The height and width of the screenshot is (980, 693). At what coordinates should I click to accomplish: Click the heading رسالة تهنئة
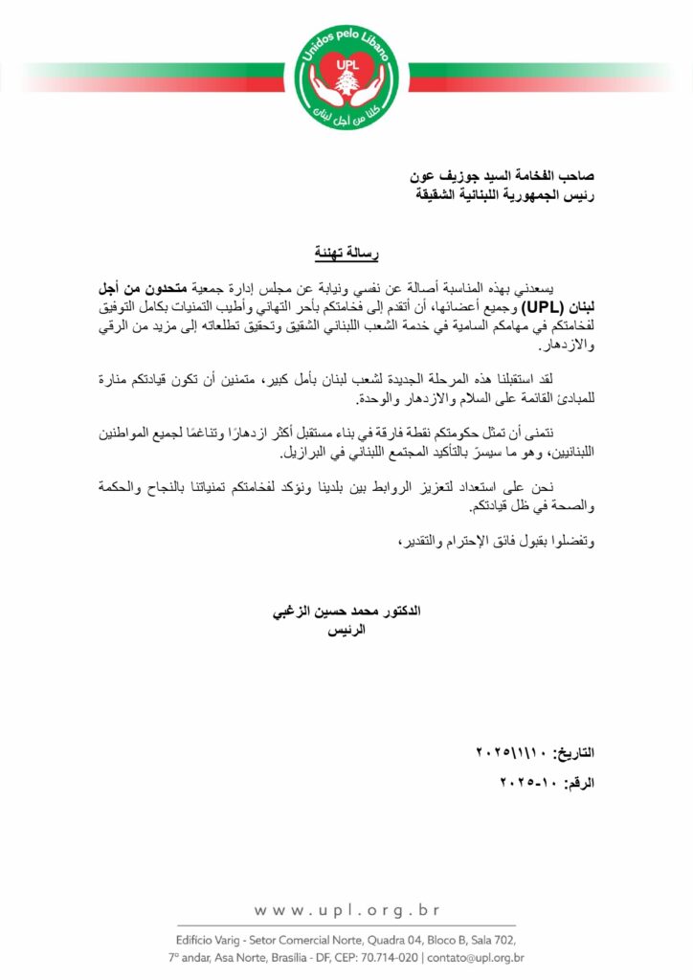point(346,254)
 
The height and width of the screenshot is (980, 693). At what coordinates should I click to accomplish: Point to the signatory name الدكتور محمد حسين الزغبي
point(348,610)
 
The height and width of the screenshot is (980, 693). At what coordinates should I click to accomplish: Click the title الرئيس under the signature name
point(348,633)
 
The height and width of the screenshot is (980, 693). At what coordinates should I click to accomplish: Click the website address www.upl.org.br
point(346,909)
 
